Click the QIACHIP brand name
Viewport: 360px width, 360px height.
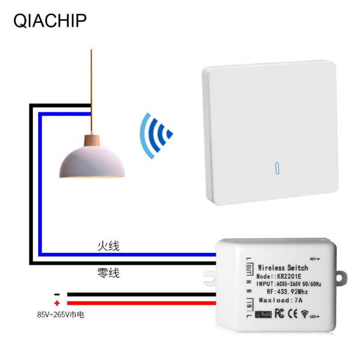click(50, 20)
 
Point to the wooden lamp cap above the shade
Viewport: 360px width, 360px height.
click(91, 139)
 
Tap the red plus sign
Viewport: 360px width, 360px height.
click(57, 303)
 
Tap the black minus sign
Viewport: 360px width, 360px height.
click(57, 293)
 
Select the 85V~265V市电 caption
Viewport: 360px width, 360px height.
click(61, 315)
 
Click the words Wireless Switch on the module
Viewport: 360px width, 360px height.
click(283, 267)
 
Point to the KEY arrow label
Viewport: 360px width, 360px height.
click(315, 259)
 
